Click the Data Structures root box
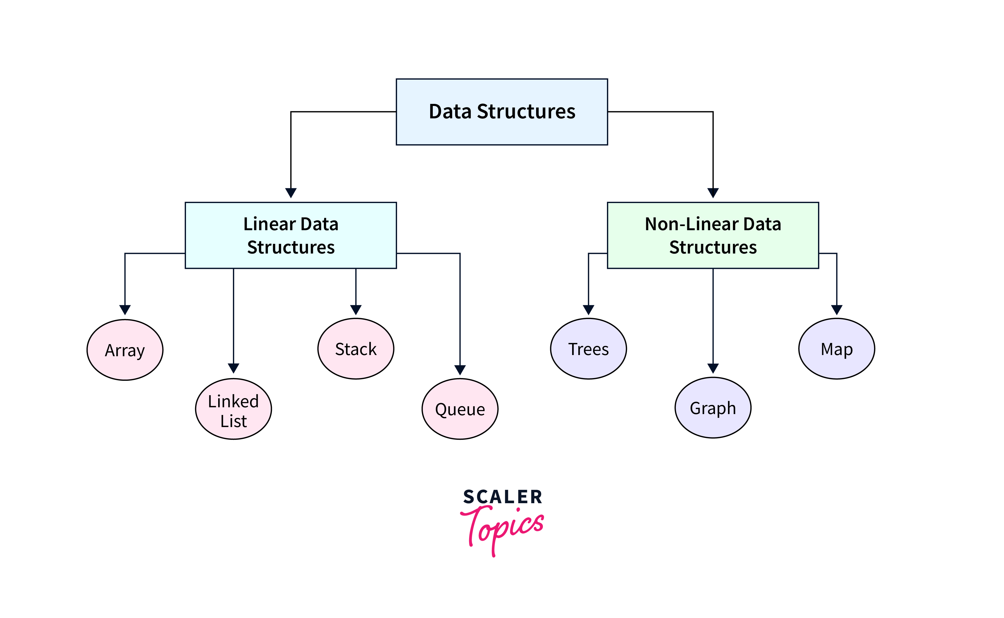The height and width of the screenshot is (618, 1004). (502, 112)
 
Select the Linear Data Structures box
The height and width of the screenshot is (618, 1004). (291, 236)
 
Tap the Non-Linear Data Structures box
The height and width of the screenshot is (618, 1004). (713, 236)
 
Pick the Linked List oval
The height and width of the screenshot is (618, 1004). (234, 409)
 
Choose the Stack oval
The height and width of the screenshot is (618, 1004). (356, 349)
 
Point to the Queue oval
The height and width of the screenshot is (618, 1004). (460, 409)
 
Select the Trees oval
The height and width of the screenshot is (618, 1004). (588, 349)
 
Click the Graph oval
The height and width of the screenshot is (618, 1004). (713, 408)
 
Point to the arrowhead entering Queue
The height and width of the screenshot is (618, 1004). (460, 370)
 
